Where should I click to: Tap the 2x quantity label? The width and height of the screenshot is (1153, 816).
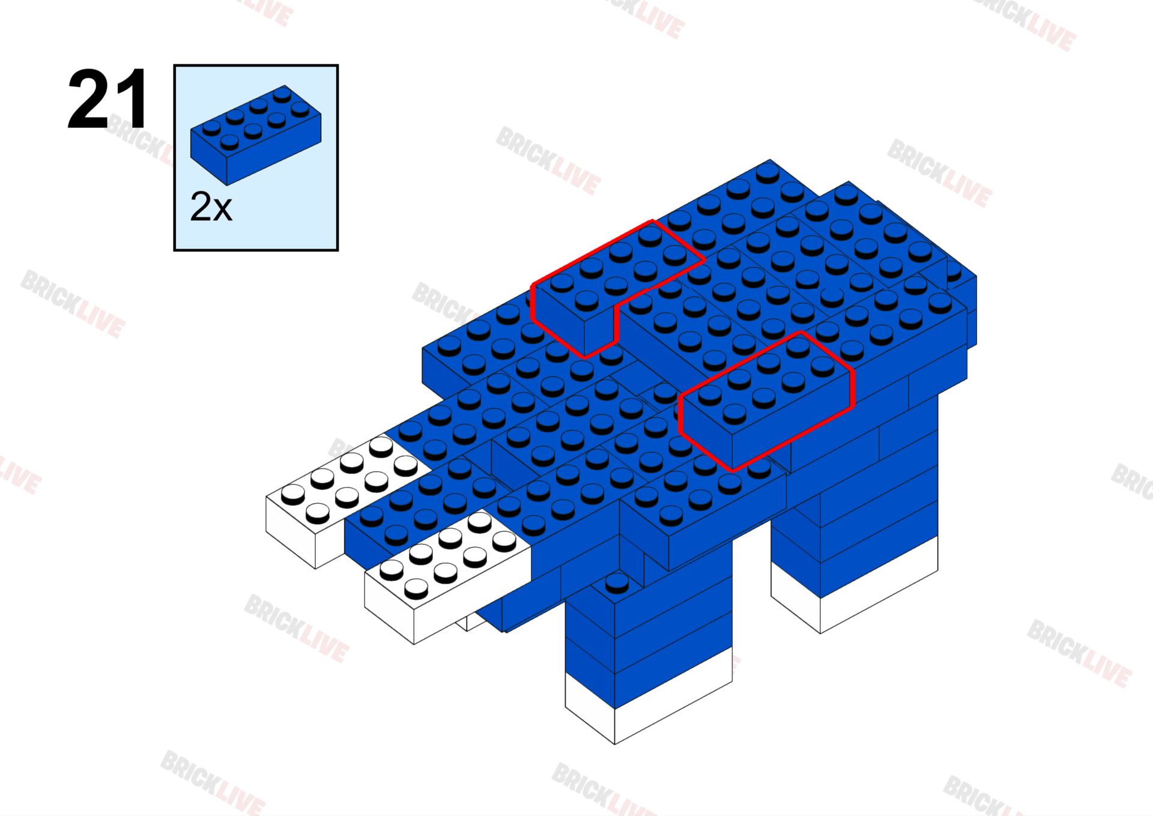point(211,207)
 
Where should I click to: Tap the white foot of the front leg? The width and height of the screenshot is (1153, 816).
point(649,709)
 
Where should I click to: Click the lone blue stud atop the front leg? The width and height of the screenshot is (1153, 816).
point(617,582)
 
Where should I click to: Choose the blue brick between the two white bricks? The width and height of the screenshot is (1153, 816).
point(420,510)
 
